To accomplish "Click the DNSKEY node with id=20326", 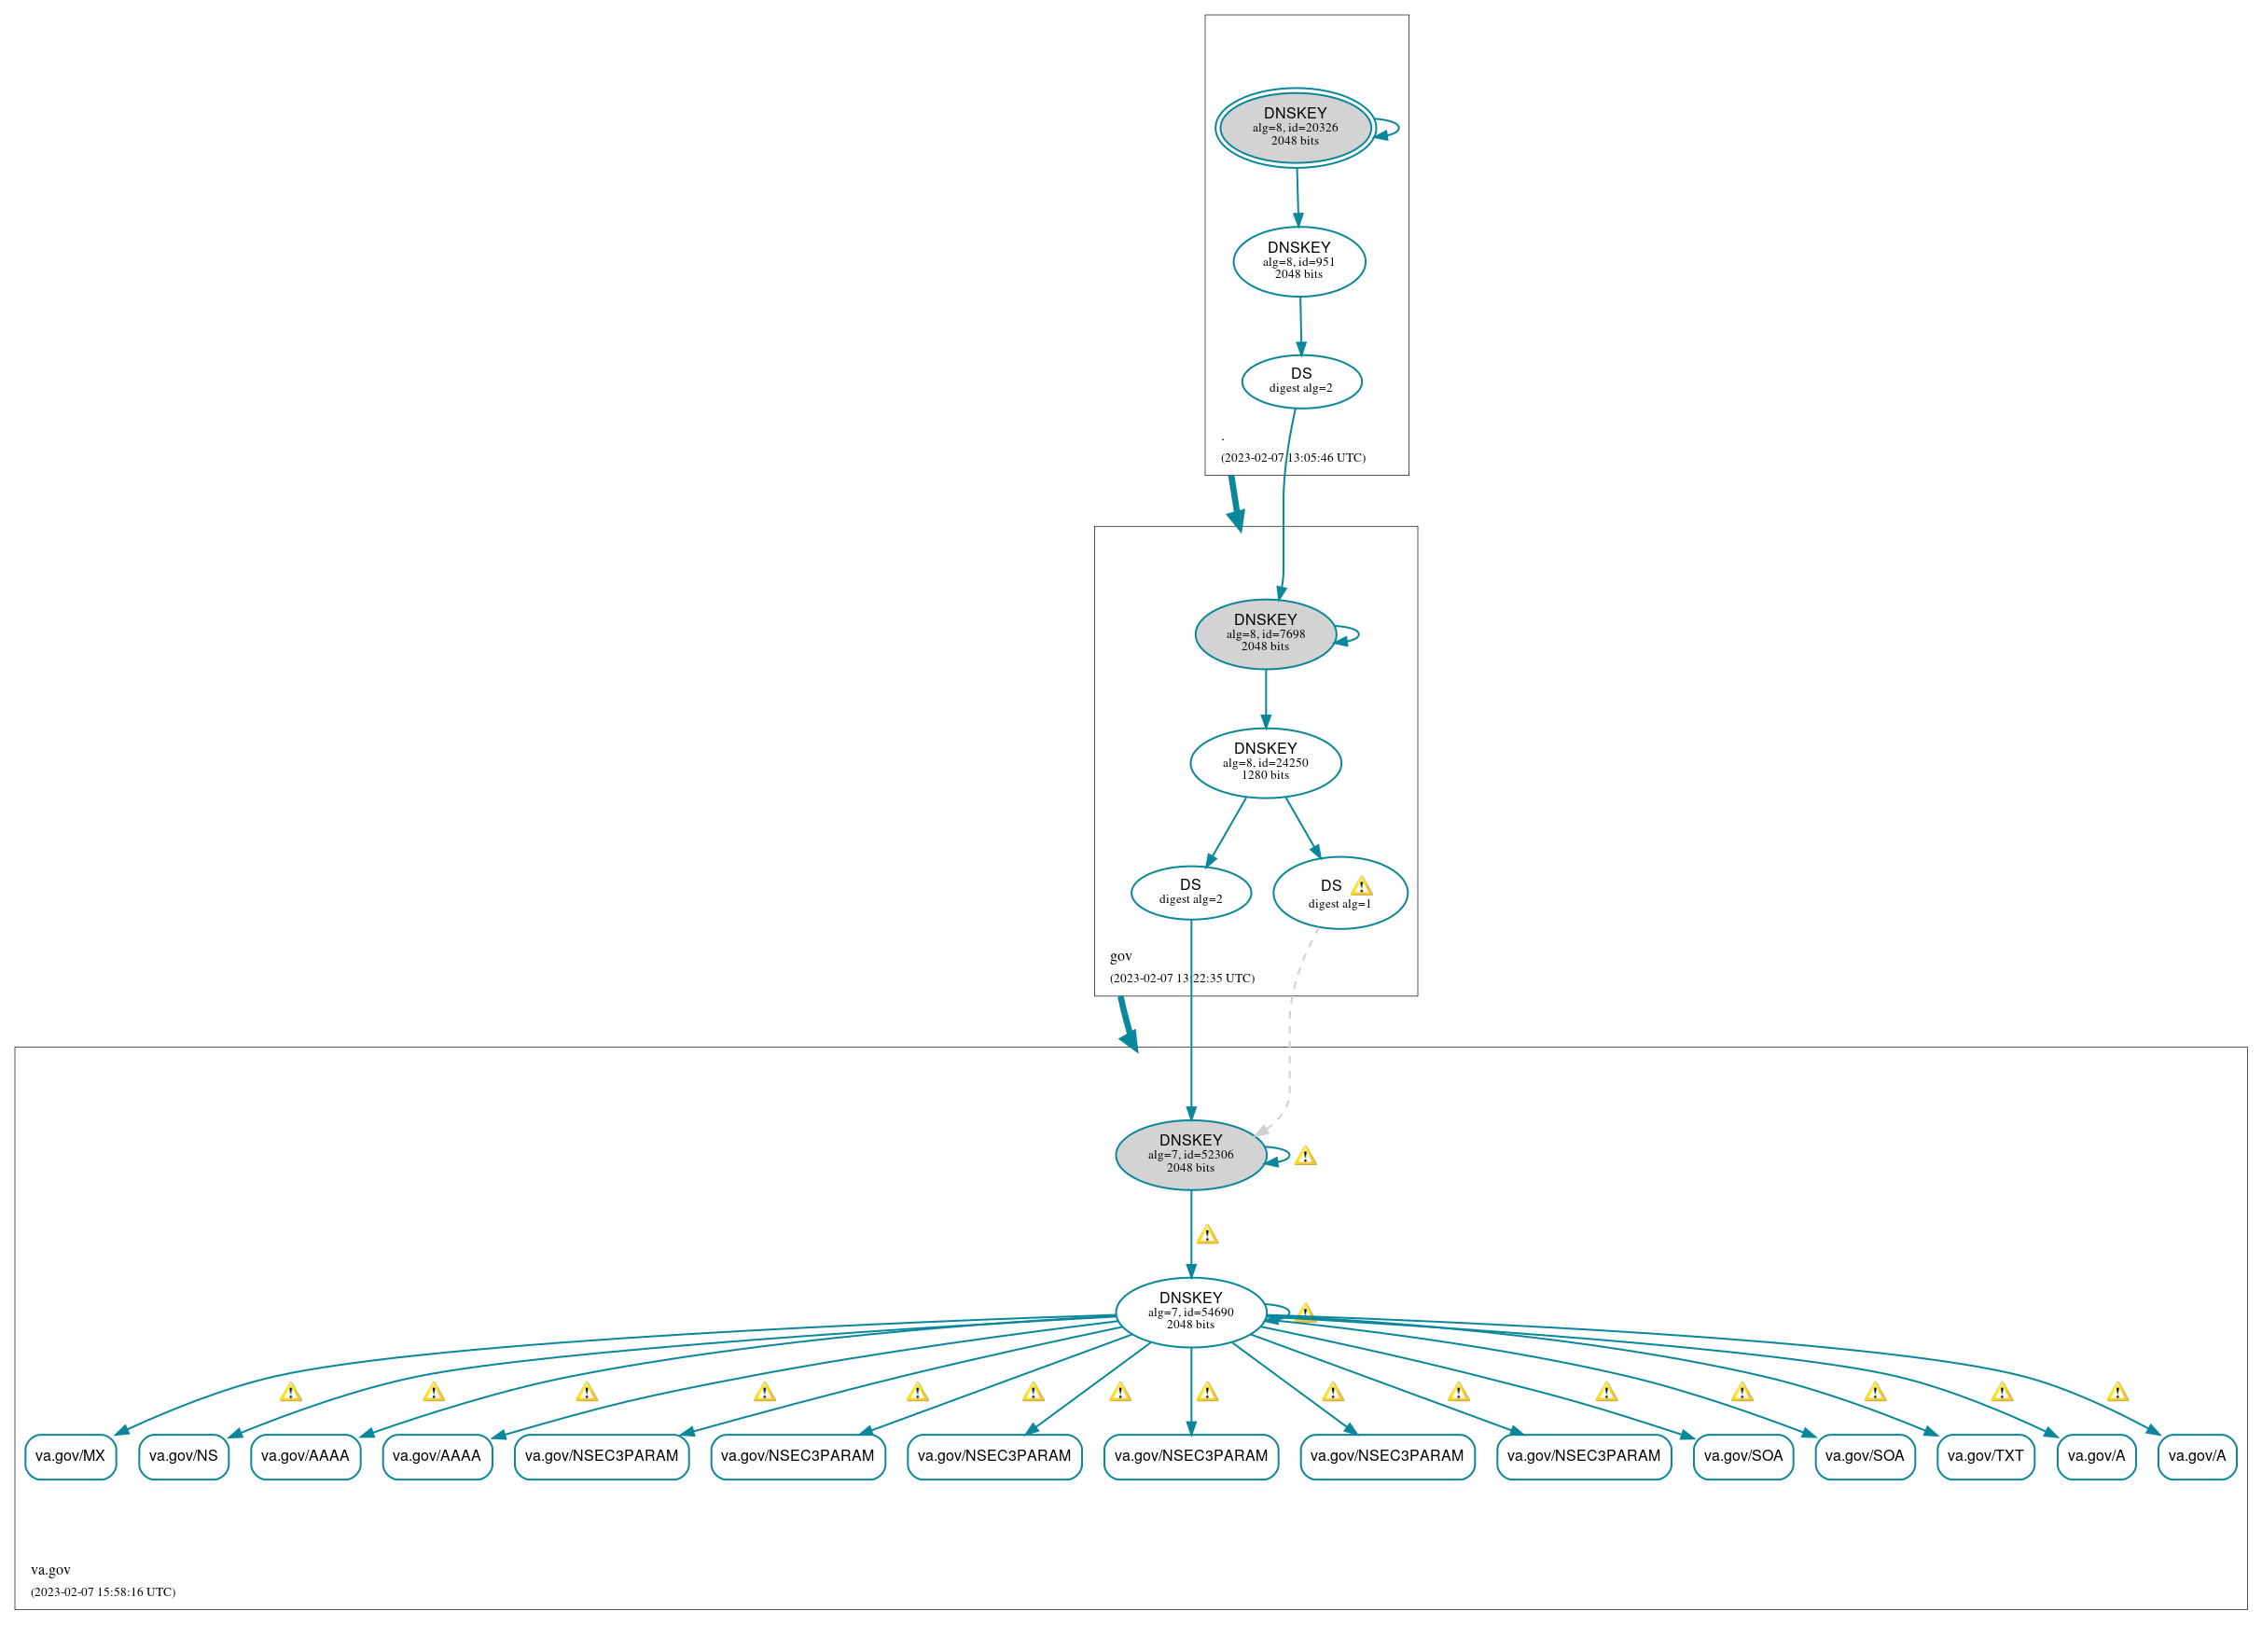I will (x=1295, y=127).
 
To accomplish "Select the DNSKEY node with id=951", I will (x=1298, y=261).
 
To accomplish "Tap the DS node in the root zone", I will (x=1300, y=381).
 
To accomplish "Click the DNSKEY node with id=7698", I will (x=1265, y=633).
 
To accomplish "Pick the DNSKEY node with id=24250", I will (x=1265, y=762).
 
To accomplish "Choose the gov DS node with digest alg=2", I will (x=1190, y=892).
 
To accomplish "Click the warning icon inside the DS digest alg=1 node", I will (x=1360, y=886).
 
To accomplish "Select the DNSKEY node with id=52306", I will (x=1190, y=1154).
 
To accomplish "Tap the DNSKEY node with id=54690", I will (x=1190, y=1312).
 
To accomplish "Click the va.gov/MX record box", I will (x=70, y=1455).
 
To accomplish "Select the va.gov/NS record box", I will (x=184, y=1455).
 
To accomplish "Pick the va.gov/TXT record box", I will (x=1985, y=1455).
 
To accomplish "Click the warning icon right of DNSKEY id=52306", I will (x=1305, y=1156).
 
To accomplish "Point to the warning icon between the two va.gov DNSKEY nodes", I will (x=1207, y=1235).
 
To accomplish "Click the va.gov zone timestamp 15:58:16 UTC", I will (x=103, y=1591).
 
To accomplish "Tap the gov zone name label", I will (x=1121, y=955).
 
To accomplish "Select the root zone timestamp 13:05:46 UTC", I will (x=1293, y=457).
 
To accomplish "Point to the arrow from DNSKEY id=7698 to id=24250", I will (x=1266, y=699).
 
